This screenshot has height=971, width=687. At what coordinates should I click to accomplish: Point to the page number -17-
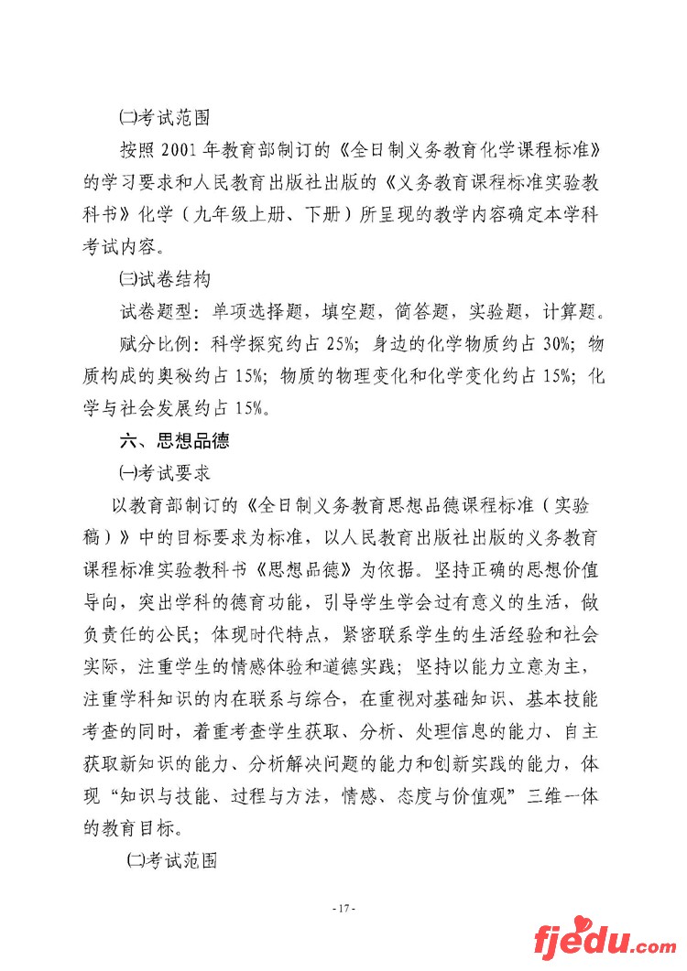(343, 908)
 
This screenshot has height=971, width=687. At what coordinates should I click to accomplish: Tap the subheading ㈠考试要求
(165, 473)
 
